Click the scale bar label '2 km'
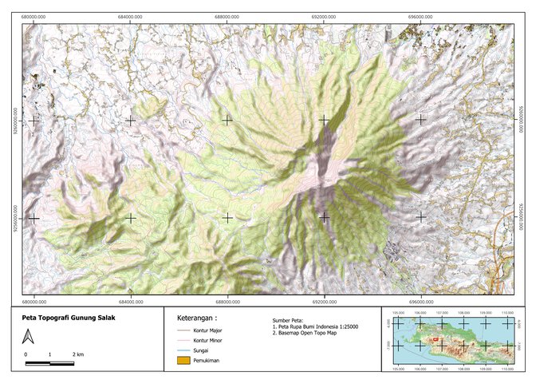pyautogui.click(x=79, y=354)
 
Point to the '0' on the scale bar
pyautogui.click(x=26, y=354)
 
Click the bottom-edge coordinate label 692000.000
pyautogui.click(x=324, y=302)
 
